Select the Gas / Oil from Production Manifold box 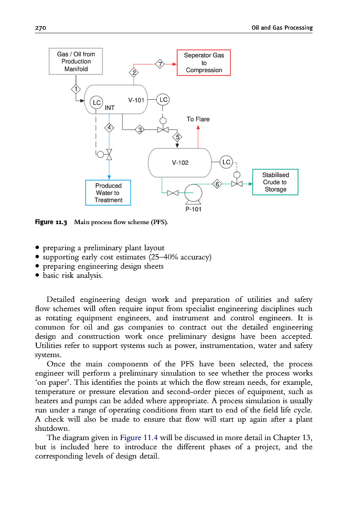[x=76, y=61]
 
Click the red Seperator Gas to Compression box [x=204, y=62]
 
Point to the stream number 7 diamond [x=160, y=64]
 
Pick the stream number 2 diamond [x=134, y=73]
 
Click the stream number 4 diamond [x=109, y=127]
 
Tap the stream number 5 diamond [x=177, y=137]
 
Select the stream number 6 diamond [x=217, y=184]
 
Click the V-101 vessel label [x=137, y=100]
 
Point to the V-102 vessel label [x=180, y=163]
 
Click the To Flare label [x=198, y=119]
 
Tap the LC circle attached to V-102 [x=226, y=162]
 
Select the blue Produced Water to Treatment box [x=108, y=192]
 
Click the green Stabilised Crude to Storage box [x=275, y=182]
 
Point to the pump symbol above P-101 [x=193, y=193]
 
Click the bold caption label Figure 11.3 [x=51, y=222]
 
